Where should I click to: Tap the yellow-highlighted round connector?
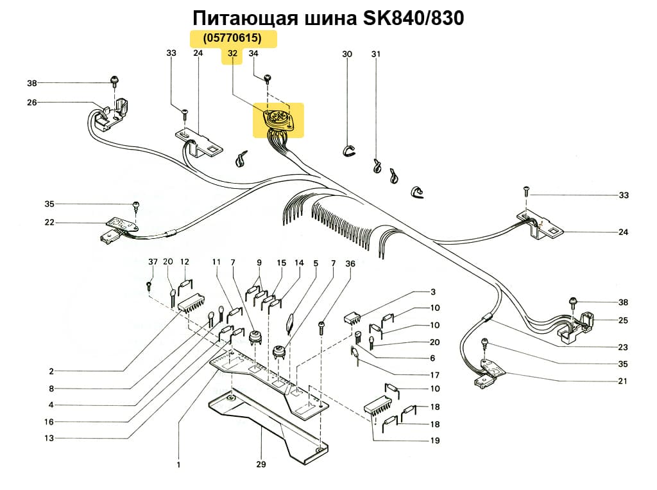[x=278, y=120]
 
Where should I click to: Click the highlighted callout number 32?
[x=232, y=54]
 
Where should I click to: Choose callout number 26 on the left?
[x=32, y=102]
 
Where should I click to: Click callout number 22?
[x=49, y=223]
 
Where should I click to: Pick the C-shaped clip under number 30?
[x=347, y=151]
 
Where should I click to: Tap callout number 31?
[x=375, y=54]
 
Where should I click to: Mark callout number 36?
[x=350, y=263]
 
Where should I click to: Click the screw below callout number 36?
[x=323, y=329]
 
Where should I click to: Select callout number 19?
[x=435, y=441]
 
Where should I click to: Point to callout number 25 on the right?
[x=623, y=320]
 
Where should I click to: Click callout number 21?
[x=623, y=381]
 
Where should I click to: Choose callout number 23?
[x=623, y=347]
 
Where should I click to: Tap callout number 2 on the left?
[x=51, y=371]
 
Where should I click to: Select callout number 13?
[x=49, y=439]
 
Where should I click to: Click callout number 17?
[x=435, y=375]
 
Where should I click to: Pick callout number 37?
[x=152, y=263]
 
